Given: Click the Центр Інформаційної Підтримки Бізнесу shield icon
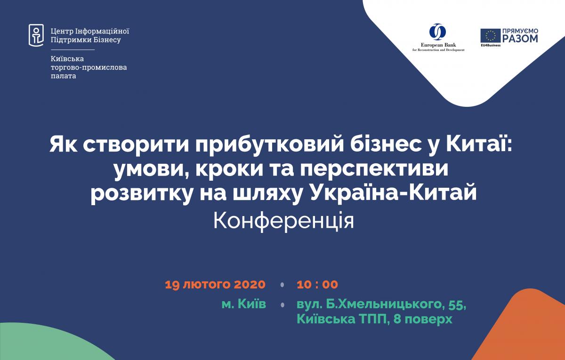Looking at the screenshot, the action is pos(36,35).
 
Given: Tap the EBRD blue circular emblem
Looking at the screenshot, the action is pos(437,32).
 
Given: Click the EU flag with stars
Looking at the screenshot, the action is pos(490,36).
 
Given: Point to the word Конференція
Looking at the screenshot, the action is pos(283,222).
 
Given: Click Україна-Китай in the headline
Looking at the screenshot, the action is pos(394,193).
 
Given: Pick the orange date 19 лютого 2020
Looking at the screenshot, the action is pos(215,285).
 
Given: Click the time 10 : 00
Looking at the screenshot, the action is pos(317,285).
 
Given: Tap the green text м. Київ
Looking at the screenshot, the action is pos(244,304).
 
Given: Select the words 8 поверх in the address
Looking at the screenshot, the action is pos(423,320).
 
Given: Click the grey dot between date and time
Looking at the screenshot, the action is pos(282,285).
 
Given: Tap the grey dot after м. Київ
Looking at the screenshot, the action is pos(282,305).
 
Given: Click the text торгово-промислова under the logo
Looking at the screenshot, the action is pos(89,68).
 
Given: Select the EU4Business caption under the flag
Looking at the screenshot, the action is pos(491,45).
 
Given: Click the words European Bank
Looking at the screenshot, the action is pos(438,45).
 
